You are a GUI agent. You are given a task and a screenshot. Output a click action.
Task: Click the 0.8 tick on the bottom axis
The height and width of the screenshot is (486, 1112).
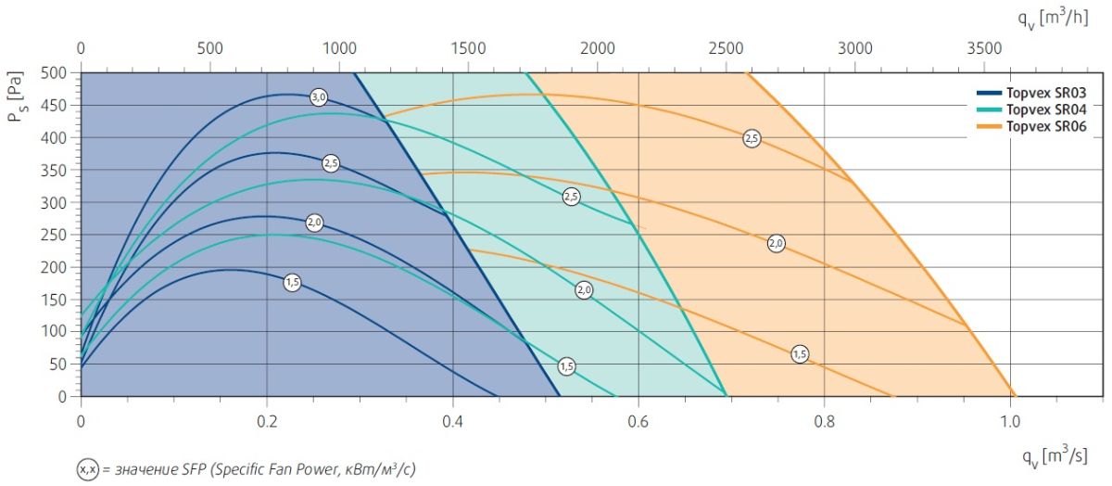coord(825,419)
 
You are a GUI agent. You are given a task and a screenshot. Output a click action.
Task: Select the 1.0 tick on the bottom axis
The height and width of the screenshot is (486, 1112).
coord(1010,419)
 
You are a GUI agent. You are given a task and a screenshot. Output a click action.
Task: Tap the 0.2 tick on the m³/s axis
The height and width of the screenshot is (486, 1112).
coord(267,419)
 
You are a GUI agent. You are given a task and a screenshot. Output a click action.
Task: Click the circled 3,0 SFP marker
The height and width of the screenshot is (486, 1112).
coord(319,97)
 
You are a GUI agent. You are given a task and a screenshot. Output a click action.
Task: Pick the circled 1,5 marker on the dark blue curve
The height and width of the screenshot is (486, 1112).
coord(292,283)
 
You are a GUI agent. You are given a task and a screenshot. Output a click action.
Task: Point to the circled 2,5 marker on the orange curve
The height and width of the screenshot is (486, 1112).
coord(752,139)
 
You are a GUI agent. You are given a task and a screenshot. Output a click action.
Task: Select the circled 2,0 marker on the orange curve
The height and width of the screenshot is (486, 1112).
coord(777,243)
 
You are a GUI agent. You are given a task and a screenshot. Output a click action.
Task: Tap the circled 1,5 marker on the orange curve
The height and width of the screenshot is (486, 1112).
coord(801,354)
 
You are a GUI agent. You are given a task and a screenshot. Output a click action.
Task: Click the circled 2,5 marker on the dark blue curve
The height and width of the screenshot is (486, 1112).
coord(331,163)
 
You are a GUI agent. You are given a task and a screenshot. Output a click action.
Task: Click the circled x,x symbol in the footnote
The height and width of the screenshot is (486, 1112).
coord(86,470)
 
